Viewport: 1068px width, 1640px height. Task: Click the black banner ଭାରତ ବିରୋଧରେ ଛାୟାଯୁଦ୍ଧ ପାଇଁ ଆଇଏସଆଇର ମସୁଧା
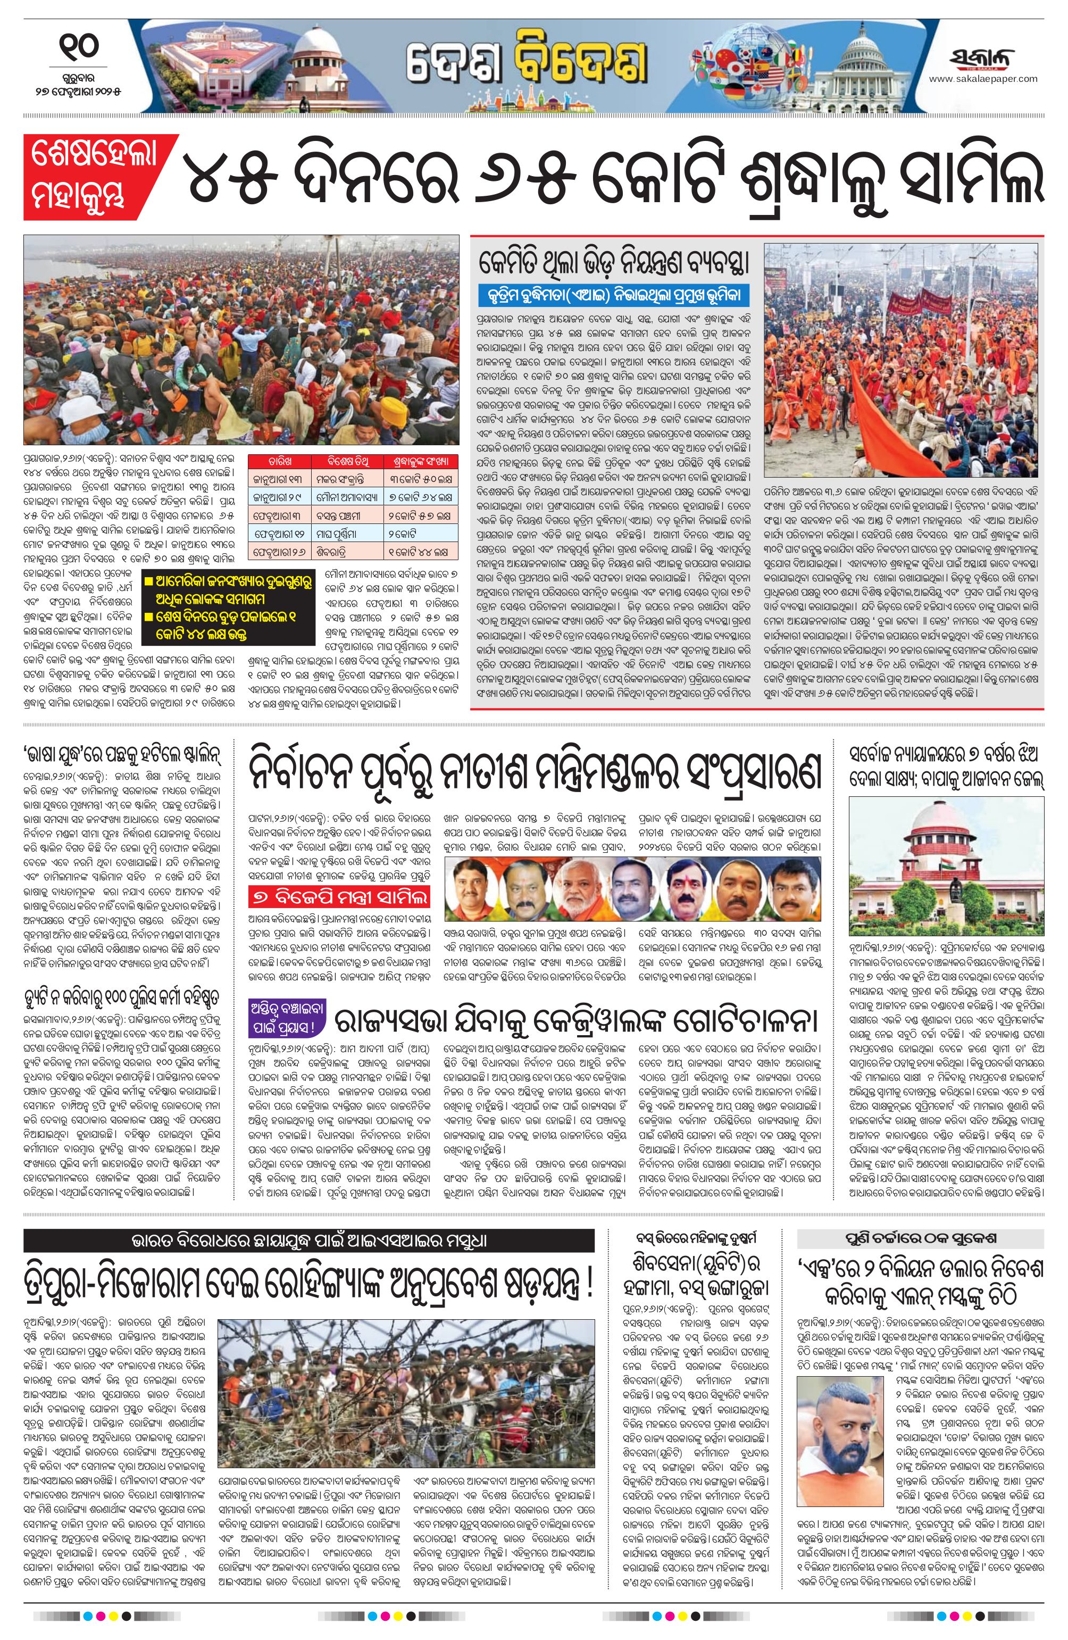(308, 1241)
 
